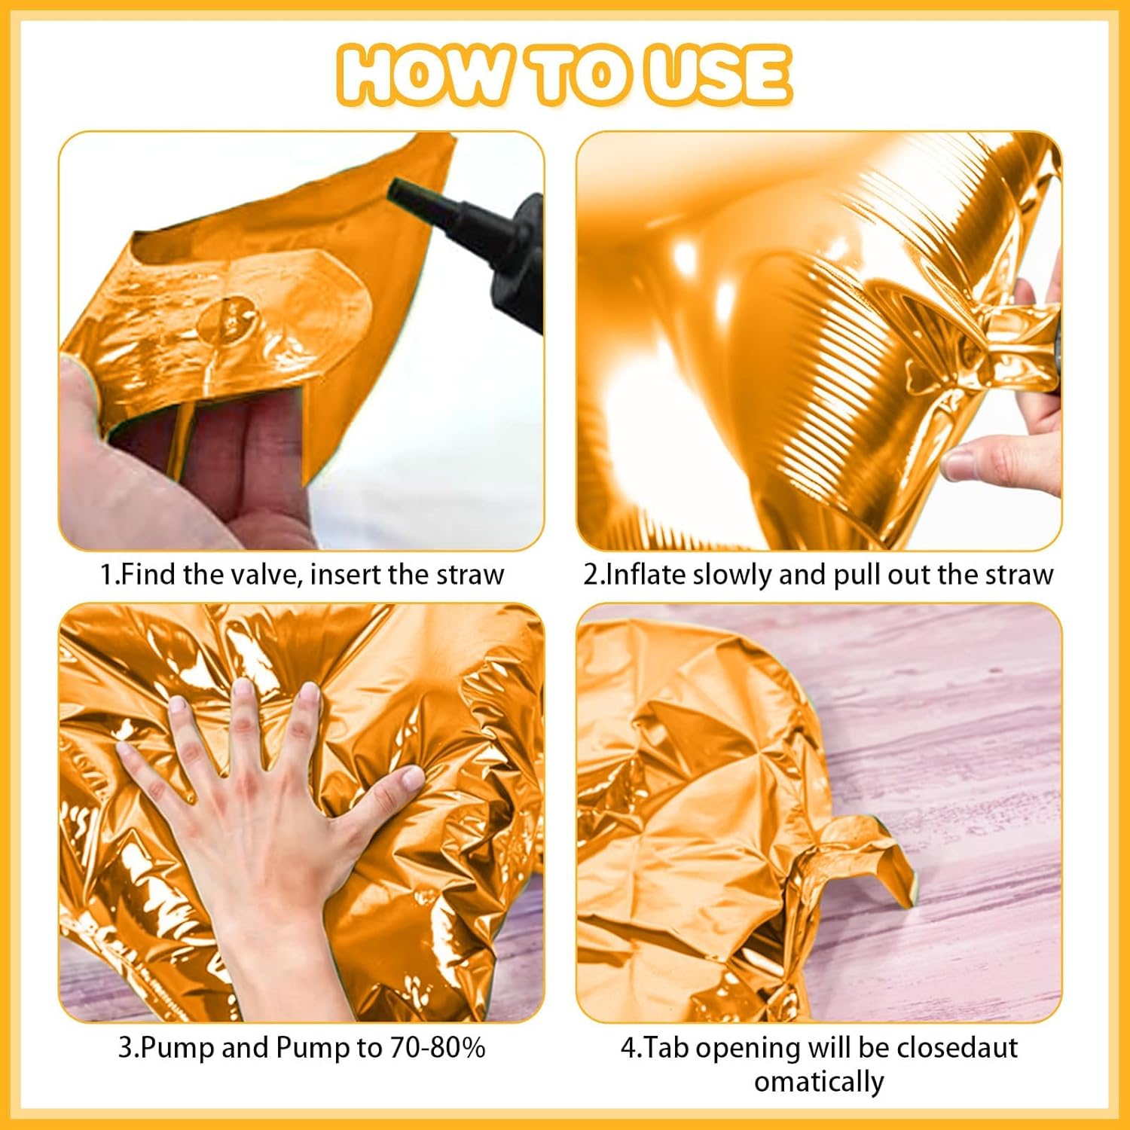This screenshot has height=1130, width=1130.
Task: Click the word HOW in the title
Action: click(422, 75)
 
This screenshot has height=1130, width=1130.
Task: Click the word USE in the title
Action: click(719, 75)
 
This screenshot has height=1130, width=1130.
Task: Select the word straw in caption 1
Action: click(470, 575)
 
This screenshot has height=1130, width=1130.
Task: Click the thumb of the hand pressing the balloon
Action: click(395, 783)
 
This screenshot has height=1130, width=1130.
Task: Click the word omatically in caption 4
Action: click(819, 1082)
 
